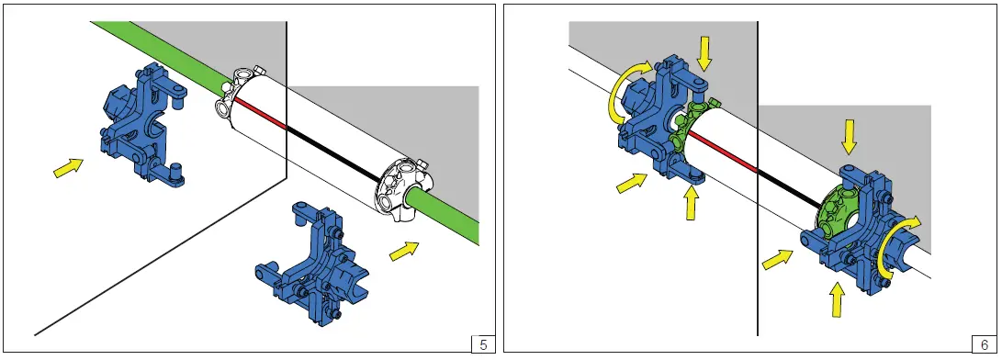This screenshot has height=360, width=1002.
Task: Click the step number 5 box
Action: (x=483, y=344)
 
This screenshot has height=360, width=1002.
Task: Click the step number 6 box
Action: (x=984, y=344)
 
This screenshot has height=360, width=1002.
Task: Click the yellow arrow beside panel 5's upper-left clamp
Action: (x=68, y=167)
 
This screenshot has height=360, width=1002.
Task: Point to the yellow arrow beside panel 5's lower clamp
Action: (x=404, y=251)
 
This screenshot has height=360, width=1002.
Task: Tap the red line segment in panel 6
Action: (x=723, y=152)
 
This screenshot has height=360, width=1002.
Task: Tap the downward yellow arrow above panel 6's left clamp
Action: (x=704, y=53)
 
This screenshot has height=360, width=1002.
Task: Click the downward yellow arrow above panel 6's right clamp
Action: (x=848, y=136)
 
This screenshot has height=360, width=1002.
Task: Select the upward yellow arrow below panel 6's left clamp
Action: (x=690, y=201)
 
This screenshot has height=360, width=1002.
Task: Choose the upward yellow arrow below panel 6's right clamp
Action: (x=835, y=300)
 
